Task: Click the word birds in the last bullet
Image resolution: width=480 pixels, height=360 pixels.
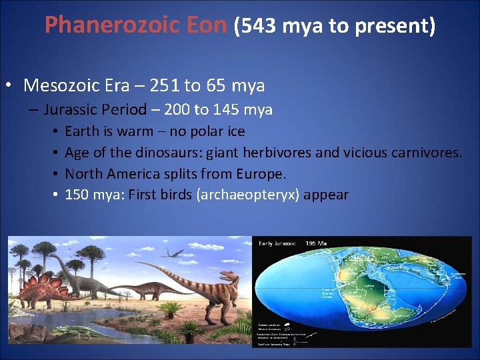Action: click(x=151, y=195)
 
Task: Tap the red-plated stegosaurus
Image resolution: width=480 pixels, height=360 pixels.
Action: click(x=40, y=287)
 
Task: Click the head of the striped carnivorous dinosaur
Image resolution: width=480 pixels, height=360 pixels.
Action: click(x=231, y=275)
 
